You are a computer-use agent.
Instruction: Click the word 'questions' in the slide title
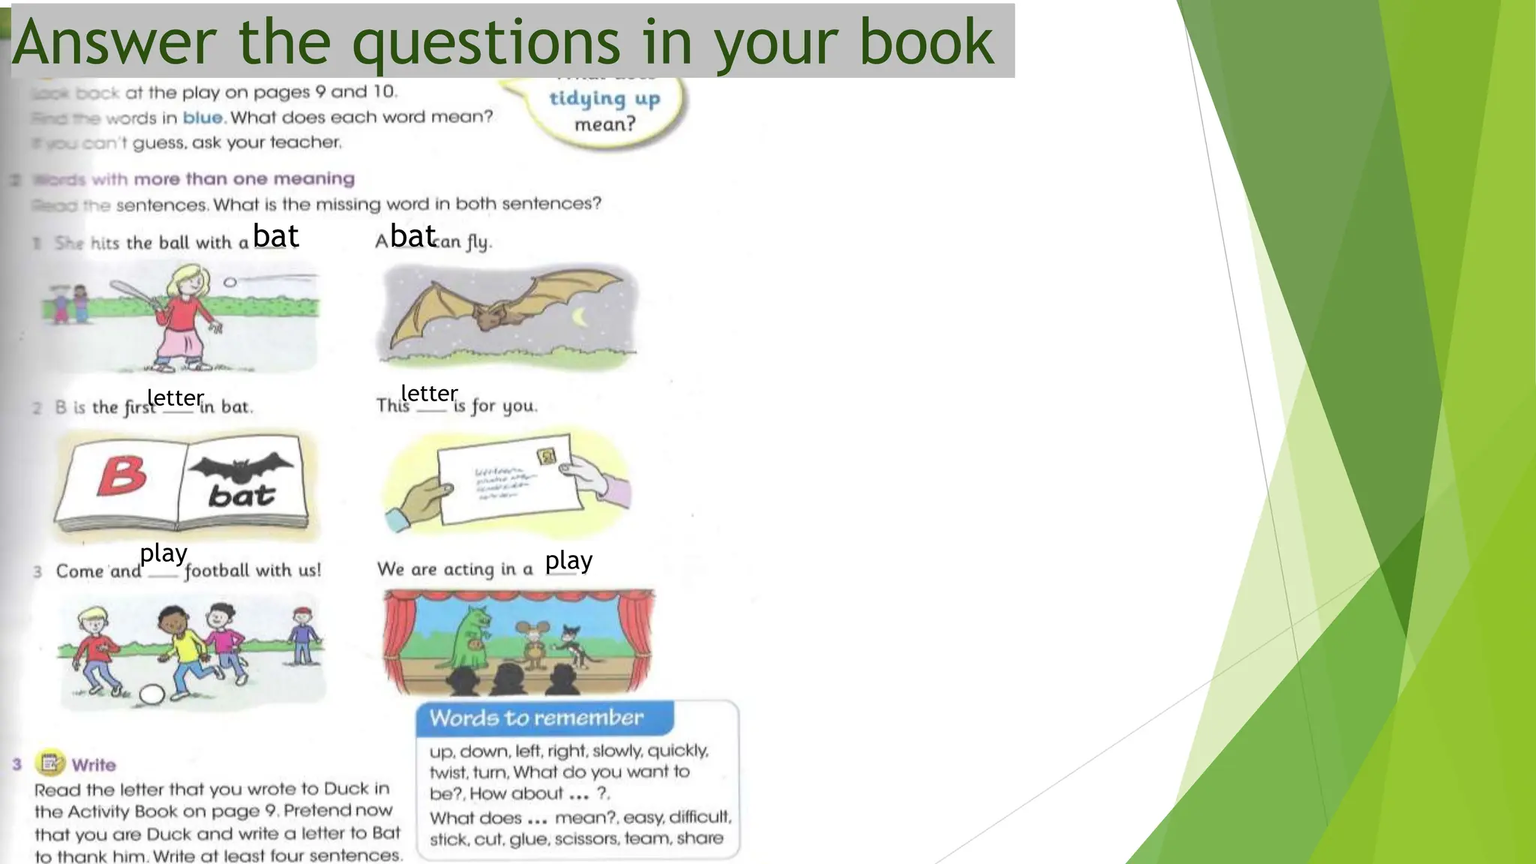click(x=486, y=43)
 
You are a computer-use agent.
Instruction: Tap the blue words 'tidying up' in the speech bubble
click(x=604, y=99)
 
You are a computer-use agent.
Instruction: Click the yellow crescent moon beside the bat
click(x=579, y=317)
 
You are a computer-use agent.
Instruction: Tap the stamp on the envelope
click(x=547, y=456)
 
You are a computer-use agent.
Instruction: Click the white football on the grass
click(x=152, y=694)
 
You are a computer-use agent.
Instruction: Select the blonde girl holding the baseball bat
click(x=182, y=315)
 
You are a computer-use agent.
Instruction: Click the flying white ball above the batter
click(x=230, y=282)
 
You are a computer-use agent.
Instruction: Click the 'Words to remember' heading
click(x=536, y=718)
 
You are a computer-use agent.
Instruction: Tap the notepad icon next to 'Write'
click(x=50, y=763)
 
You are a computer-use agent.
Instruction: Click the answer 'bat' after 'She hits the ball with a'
click(x=276, y=236)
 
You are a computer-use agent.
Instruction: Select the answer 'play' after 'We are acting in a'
click(x=568, y=560)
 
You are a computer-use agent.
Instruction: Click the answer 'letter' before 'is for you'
click(x=429, y=393)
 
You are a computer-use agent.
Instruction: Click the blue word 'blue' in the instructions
click(x=202, y=118)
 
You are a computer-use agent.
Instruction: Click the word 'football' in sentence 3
click(x=217, y=571)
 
